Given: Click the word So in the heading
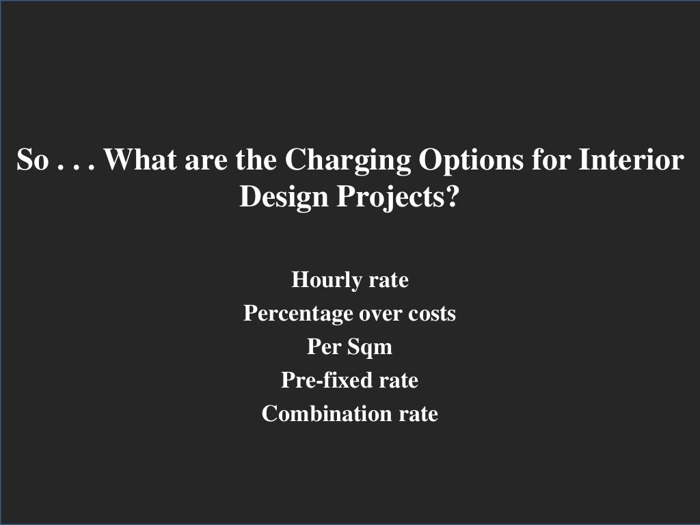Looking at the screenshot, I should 31,161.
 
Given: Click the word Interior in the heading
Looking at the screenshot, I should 631,161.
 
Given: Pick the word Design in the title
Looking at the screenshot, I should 282,198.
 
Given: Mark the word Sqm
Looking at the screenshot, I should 370,347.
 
